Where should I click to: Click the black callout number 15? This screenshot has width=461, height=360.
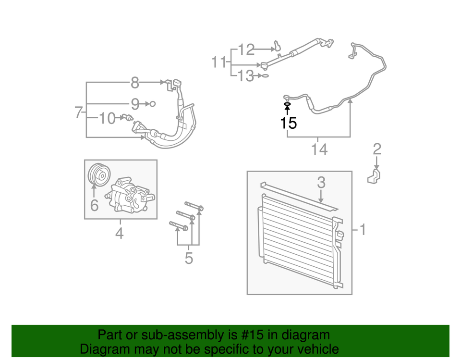click(289, 124)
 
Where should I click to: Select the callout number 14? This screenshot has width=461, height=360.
click(319, 149)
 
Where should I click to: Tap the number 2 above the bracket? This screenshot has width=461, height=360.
click(377, 149)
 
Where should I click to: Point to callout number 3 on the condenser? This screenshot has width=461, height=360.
click(321, 183)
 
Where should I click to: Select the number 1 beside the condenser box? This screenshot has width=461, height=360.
click(363, 230)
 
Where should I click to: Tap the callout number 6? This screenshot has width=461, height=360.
click(95, 205)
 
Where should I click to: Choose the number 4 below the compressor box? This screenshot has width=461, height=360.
click(119, 234)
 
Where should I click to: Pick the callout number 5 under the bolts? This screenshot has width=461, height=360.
click(189, 258)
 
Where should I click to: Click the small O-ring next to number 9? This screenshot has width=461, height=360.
click(152, 103)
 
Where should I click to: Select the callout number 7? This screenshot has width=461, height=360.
click(79, 112)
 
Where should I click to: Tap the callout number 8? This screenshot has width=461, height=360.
click(135, 83)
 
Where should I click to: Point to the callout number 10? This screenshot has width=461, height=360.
click(108, 117)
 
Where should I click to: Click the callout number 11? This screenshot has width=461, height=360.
click(219, 62)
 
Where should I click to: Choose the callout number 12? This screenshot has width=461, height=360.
click(246, 49)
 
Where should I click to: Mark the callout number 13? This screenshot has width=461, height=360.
click(245, 75)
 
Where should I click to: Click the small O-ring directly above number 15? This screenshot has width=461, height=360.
click(287, 104)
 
